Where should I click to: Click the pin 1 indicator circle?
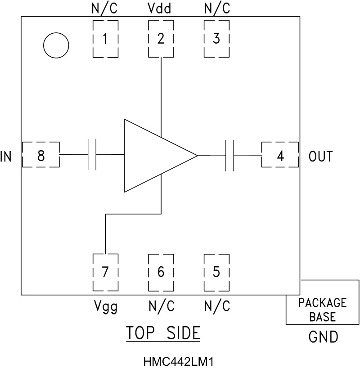tap(56, 45)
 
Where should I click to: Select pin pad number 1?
tap(105, 39)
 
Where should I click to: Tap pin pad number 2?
tap(161, 39)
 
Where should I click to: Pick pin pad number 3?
tap(216, 39)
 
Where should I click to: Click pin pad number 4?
tap(280, 156)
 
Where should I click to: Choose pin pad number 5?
tap(216, 272)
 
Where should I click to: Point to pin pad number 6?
tap(161, 272)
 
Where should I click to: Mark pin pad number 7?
tap(105, 272)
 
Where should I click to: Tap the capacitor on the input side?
tap(92, 155)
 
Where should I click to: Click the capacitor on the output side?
tap(229, 156)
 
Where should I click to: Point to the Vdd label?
tap(160, 9)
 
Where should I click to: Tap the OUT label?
tap(321, 157)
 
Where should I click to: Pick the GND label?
tap(323, 337)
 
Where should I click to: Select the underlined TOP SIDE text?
tap(162, 333)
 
